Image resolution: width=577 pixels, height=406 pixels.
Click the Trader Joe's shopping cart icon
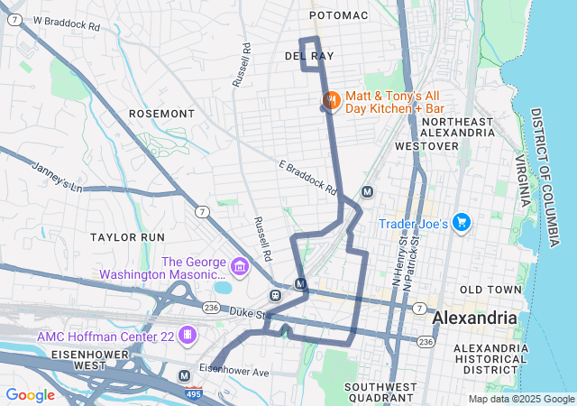(462, 221)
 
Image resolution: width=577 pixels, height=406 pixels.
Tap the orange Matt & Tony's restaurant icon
(330, 99)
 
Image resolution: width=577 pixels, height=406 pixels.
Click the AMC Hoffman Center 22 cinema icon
(188, 336)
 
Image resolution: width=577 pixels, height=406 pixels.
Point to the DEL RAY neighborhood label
(309, 56)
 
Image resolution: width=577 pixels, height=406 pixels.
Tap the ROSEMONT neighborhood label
(161, 114)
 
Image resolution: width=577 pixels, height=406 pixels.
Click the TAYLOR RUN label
(127, 236)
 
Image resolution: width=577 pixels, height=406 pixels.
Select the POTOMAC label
(338, 16)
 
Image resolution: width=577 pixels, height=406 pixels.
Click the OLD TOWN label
(490, 290)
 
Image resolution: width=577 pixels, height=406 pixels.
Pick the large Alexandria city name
(475, 318)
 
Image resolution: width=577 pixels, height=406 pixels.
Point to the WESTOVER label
(420, 145)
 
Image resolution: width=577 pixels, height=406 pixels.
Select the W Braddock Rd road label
(67, 23)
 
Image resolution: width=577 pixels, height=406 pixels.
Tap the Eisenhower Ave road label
(234, 371)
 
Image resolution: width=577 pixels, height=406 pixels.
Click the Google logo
(30, 394)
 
